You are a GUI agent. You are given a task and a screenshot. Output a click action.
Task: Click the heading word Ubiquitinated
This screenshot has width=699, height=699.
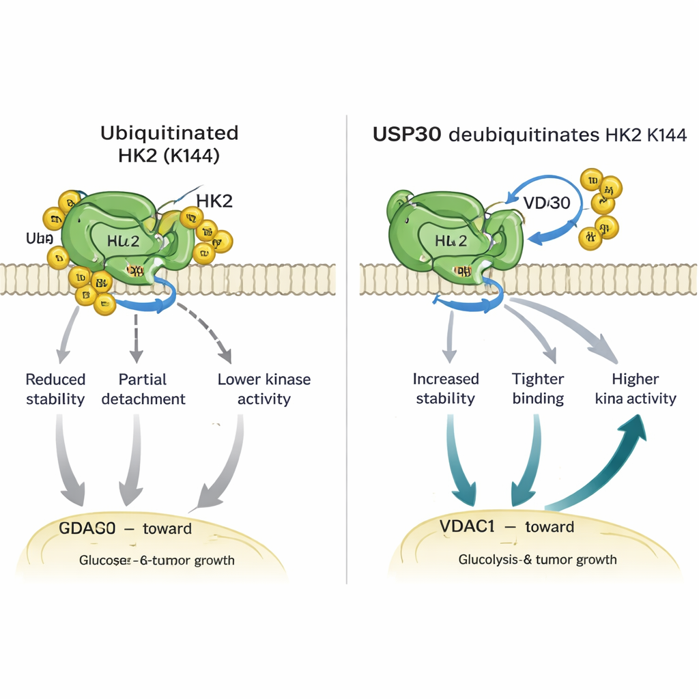coord(169,132)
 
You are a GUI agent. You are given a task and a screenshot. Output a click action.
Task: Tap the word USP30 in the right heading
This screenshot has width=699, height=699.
coord(408,134)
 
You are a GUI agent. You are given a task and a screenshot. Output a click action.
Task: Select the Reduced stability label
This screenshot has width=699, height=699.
coord(55,389)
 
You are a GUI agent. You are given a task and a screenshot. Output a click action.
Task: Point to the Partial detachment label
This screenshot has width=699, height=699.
coord(143,389)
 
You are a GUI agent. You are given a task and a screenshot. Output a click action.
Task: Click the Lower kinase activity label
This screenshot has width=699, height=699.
coord(263,389)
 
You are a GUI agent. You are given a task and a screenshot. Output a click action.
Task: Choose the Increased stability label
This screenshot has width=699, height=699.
coord(446,389)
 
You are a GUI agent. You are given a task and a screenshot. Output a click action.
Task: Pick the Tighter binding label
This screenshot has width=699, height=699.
coord(538,389)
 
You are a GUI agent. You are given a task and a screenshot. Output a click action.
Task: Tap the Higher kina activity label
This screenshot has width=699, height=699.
coord(635,389)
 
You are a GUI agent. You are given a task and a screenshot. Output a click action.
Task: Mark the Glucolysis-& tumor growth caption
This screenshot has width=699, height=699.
coord(537,560)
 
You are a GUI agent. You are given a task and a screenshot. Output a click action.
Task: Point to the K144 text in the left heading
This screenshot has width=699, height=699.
coord(196,156)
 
